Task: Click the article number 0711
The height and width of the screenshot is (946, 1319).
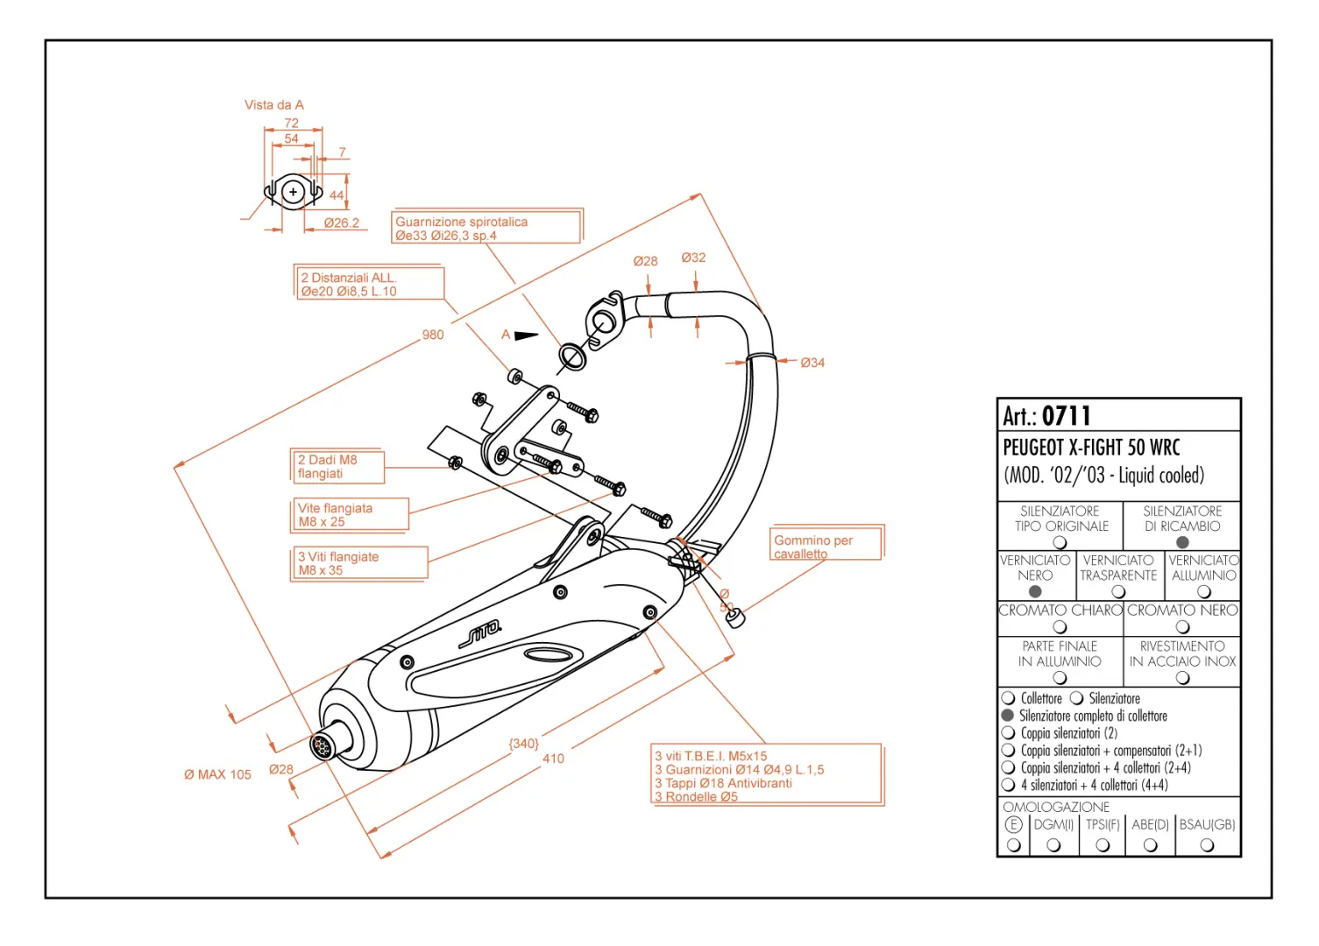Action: pos(1066,416)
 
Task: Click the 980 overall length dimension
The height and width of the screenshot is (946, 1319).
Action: pos(433,335)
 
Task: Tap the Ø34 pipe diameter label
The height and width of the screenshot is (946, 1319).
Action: pos(812,364)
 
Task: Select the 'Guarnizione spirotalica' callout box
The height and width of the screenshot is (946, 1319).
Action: pos(487,226)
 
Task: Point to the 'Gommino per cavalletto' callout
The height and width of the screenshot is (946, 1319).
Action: pos(826,543)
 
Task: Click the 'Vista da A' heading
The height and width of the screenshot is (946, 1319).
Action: pos(274,105)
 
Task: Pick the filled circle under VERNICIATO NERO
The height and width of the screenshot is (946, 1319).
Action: pos(1034,591)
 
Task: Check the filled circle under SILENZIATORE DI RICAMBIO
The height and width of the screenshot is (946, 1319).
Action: pos(1181,542)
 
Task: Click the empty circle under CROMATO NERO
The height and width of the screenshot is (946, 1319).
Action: pos(1181,627)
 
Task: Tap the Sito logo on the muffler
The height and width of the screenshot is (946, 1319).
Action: pos(480,633)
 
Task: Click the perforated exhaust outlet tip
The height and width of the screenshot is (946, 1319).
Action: pos(322,747)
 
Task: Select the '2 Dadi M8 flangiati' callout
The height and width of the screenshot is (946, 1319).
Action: pos(337,466)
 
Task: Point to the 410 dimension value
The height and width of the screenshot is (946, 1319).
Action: pos(553,759)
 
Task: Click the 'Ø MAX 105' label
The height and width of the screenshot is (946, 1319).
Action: pos(217,774)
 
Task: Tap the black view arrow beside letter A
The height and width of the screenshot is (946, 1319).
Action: pos(526,335)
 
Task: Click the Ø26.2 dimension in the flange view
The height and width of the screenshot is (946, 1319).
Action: pos(342,223)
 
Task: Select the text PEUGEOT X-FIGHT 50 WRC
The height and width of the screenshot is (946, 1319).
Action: pos(1091,448)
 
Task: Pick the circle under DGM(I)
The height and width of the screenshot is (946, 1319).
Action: pos(1053,845)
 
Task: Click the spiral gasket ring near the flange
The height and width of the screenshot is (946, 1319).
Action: pos(572,357)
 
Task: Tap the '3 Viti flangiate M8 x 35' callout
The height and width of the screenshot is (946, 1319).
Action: pos(358,564)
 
